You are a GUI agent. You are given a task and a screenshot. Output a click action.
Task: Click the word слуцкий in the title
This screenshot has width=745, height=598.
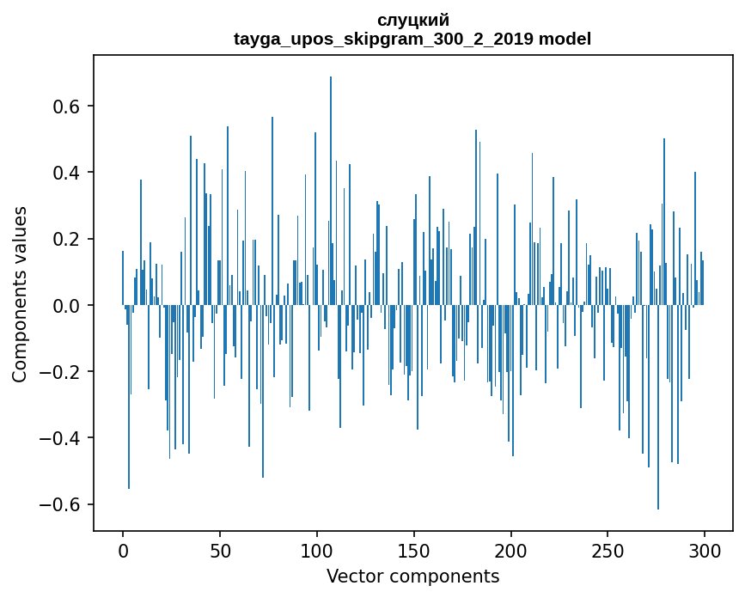point(412,20)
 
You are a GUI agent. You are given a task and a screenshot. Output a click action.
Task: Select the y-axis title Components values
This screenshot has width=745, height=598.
point(20,294)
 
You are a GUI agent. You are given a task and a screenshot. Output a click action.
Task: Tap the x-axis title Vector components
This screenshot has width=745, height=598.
point(412,576)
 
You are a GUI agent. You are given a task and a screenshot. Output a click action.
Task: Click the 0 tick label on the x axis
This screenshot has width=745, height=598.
point(123,550)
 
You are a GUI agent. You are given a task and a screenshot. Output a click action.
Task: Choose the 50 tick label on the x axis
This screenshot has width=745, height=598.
point(220,550)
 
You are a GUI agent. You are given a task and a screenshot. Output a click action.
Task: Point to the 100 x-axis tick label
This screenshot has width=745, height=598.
point(317,550)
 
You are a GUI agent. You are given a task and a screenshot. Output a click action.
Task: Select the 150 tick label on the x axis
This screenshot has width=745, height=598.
point(414,550)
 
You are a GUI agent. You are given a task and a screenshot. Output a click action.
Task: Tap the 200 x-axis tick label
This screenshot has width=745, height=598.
point(511,550)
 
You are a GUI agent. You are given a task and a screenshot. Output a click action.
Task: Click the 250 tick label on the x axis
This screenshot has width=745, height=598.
point(608,550)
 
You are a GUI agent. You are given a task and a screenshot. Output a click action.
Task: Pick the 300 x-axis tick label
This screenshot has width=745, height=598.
point(705,550)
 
